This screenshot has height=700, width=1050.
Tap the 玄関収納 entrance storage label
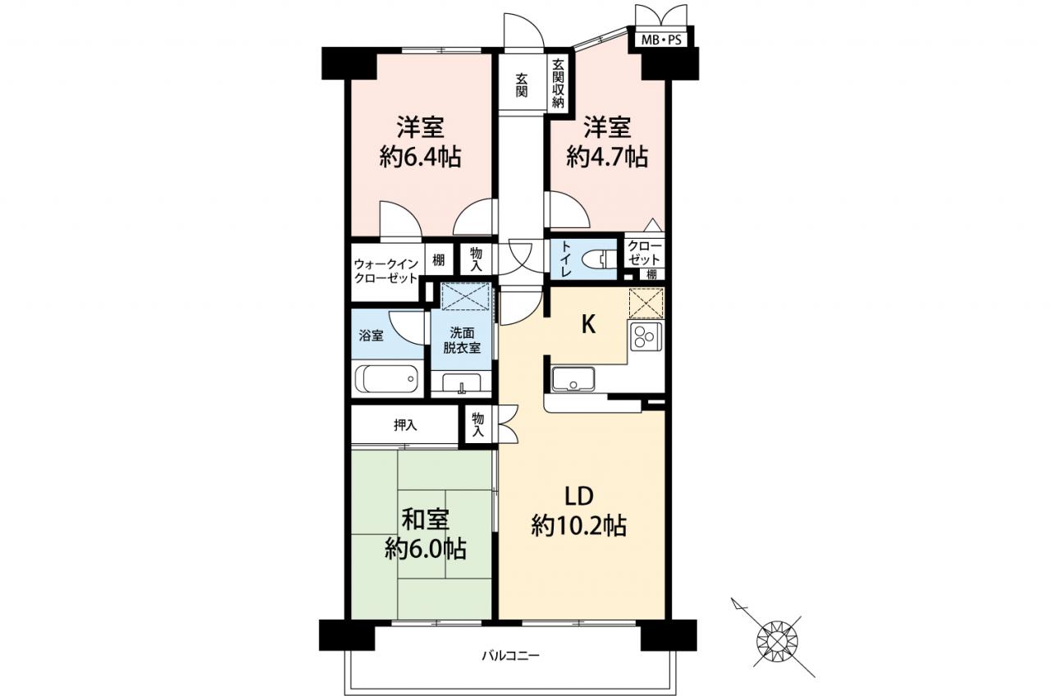558,84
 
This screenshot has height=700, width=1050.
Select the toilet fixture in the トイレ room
596,258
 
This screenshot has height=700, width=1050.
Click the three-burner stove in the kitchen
646,336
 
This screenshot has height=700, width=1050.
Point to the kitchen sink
573,379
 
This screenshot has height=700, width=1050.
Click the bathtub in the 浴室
386,379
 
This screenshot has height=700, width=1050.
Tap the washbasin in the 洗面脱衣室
461,382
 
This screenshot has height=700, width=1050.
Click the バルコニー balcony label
510,655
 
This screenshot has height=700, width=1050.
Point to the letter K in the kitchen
588,324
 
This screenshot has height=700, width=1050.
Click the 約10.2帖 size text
579,525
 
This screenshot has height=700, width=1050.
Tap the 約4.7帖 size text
607,157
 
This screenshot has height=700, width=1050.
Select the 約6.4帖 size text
420,157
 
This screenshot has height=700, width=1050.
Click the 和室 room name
426,519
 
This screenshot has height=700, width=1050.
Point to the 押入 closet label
405,425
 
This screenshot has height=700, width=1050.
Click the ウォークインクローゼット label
386,271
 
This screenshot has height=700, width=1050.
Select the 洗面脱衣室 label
462,341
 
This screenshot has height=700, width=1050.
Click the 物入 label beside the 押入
477,425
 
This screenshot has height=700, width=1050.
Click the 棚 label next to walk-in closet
438,259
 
